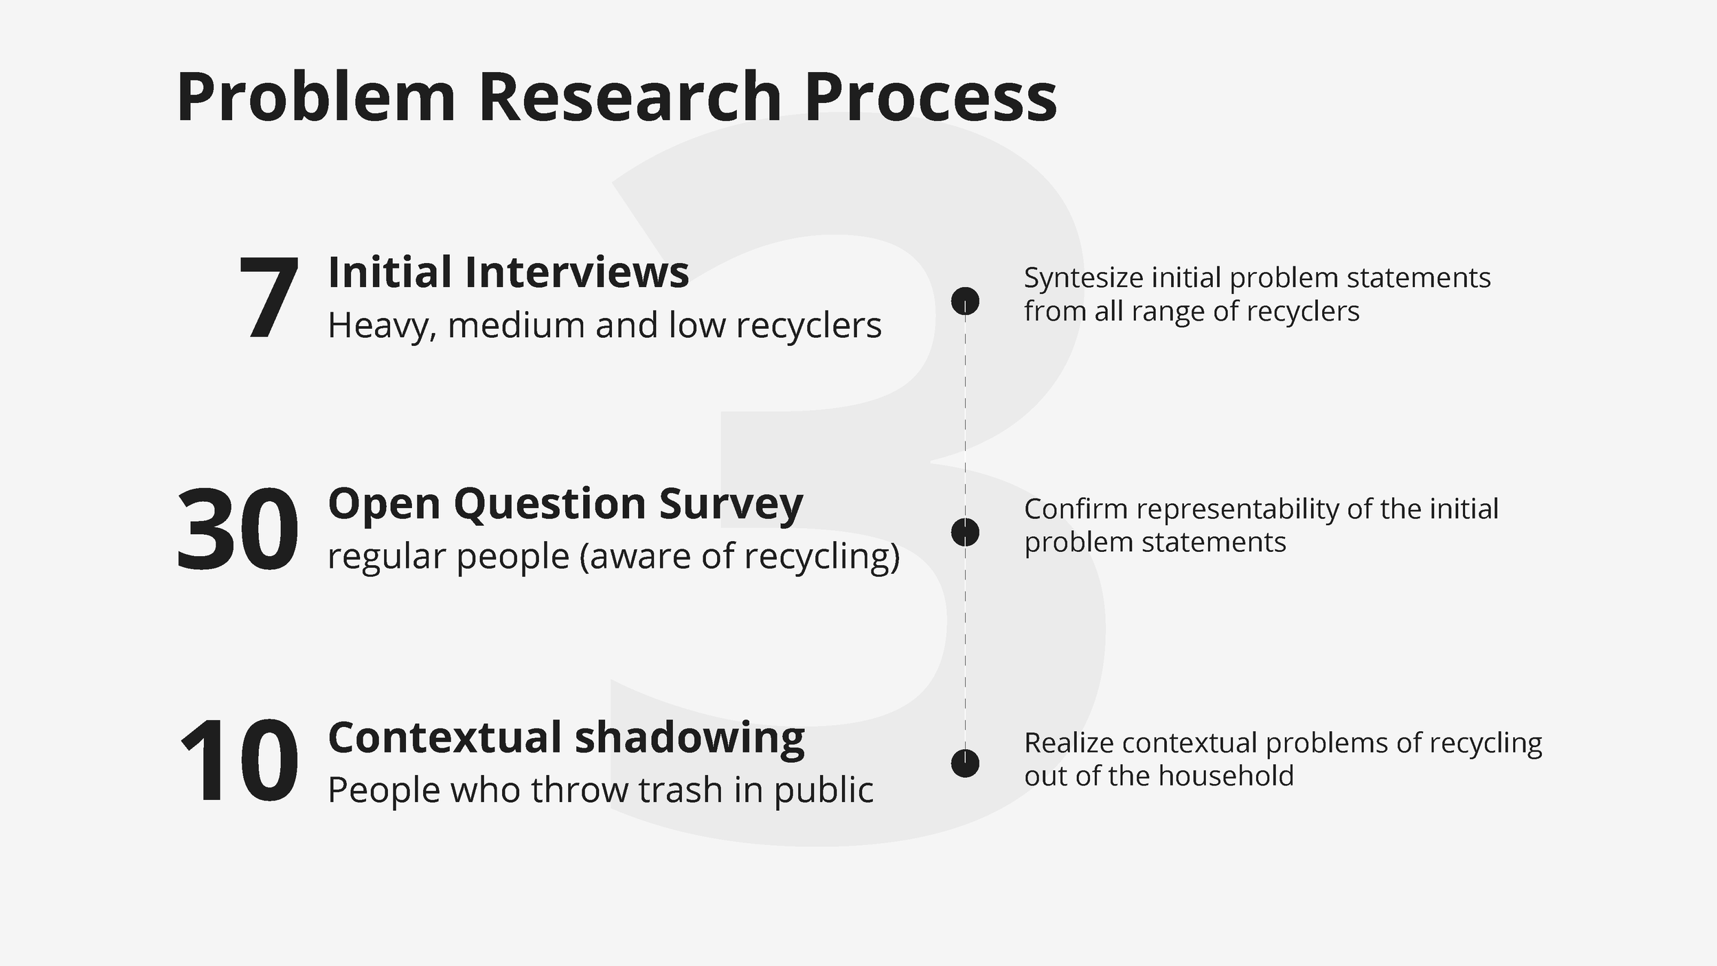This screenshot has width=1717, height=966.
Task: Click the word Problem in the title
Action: point(316,97)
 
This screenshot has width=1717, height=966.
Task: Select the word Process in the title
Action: point(931,97)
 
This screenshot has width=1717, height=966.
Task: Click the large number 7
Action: point(269,298)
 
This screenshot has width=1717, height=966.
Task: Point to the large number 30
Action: point(238,529)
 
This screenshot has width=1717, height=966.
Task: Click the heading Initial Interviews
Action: point(508,272)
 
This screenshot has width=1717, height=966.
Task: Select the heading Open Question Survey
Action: point(565,505)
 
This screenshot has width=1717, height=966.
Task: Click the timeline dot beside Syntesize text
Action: point(965,301)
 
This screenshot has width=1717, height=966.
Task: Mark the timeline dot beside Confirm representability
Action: point(965,532)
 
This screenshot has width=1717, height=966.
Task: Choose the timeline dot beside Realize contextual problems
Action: point(965,763)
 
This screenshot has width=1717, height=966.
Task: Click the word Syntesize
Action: point(1084,279)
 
